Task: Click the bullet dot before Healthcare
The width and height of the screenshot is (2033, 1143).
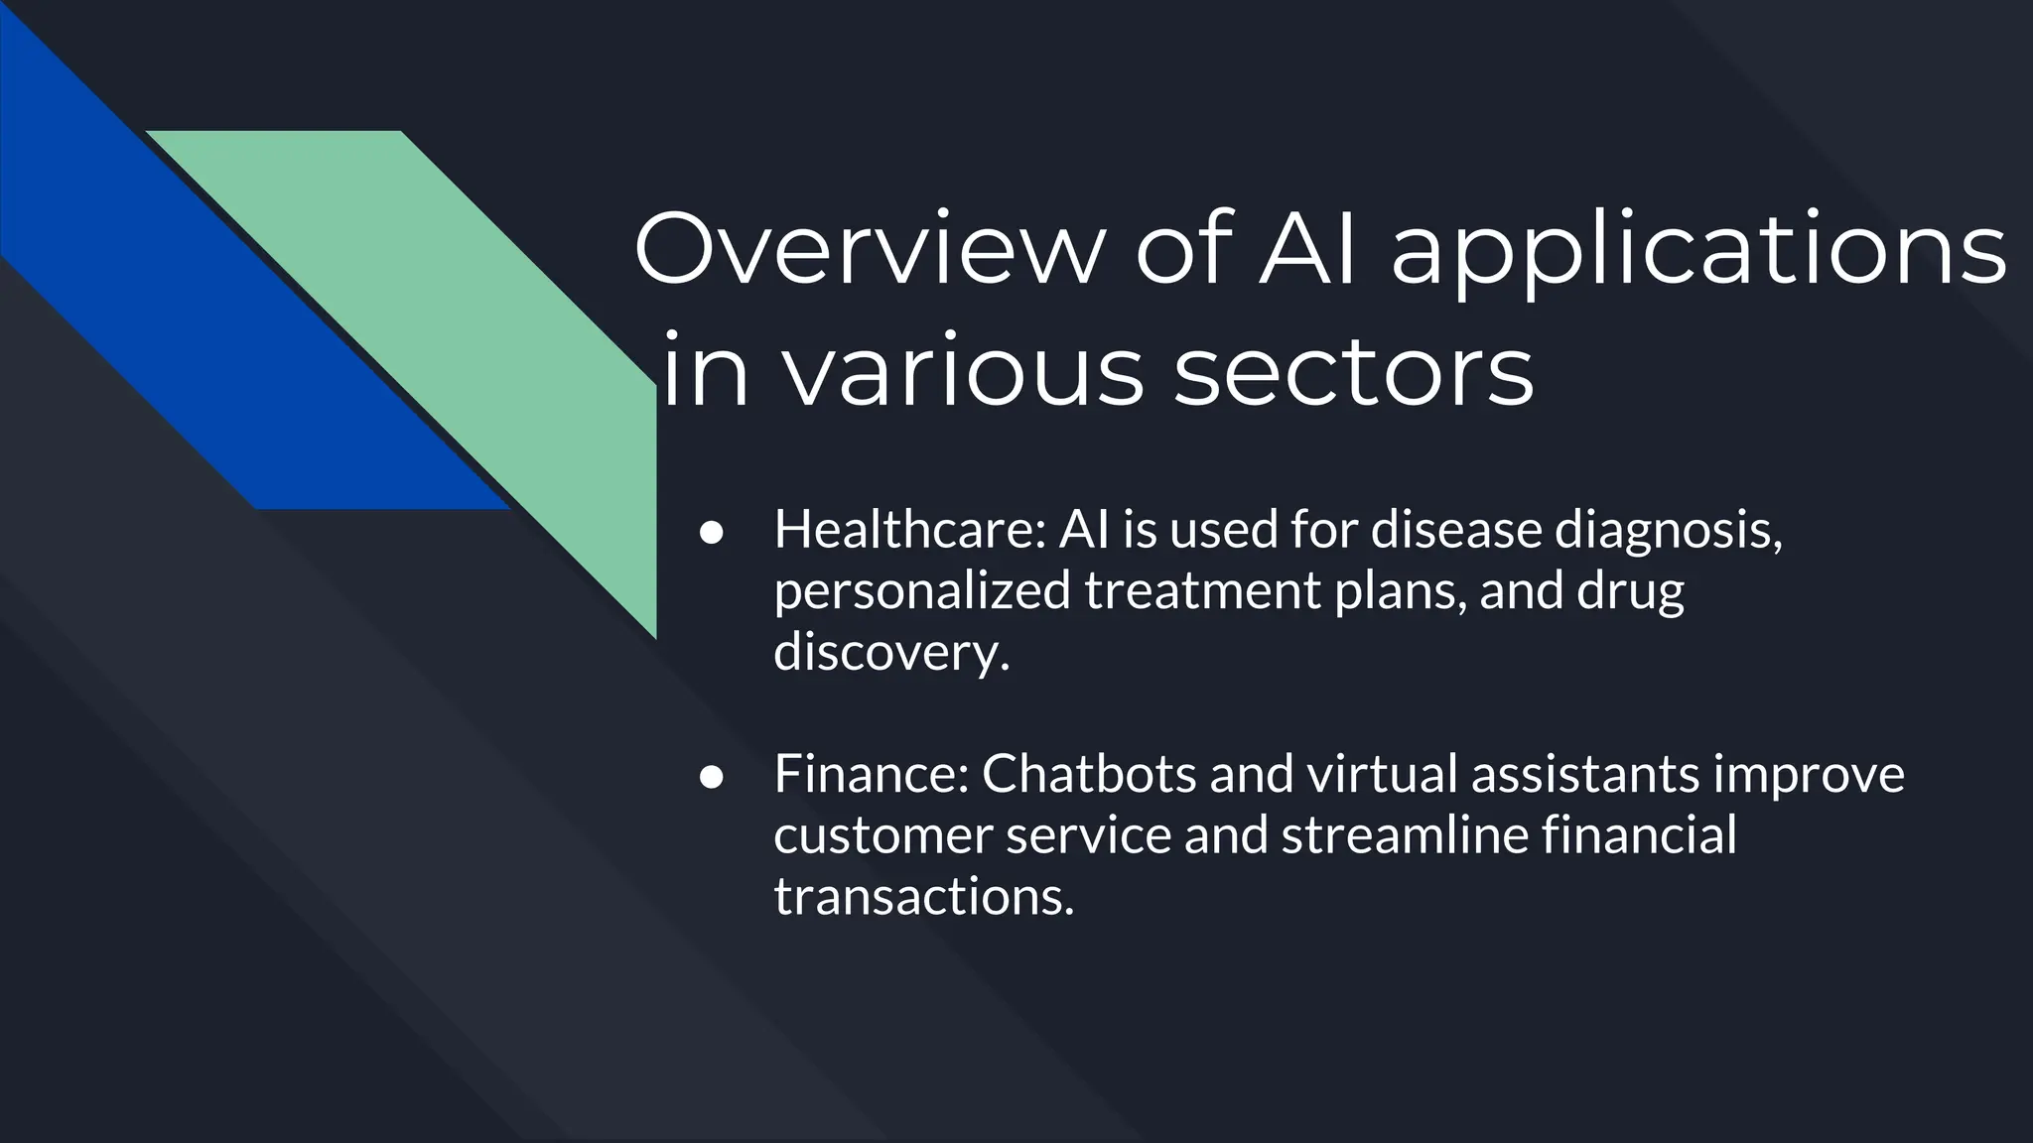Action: tap(710, 532)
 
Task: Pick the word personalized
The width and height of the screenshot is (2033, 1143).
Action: tap(922, 591)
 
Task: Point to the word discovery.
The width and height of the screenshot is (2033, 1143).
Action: tap(890, 652)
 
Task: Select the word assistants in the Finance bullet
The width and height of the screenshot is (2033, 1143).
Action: tap(1585, 774)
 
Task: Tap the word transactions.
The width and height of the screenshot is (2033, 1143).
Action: tap(923, 896)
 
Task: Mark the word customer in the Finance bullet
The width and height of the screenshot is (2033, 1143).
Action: tap(882, 835)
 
